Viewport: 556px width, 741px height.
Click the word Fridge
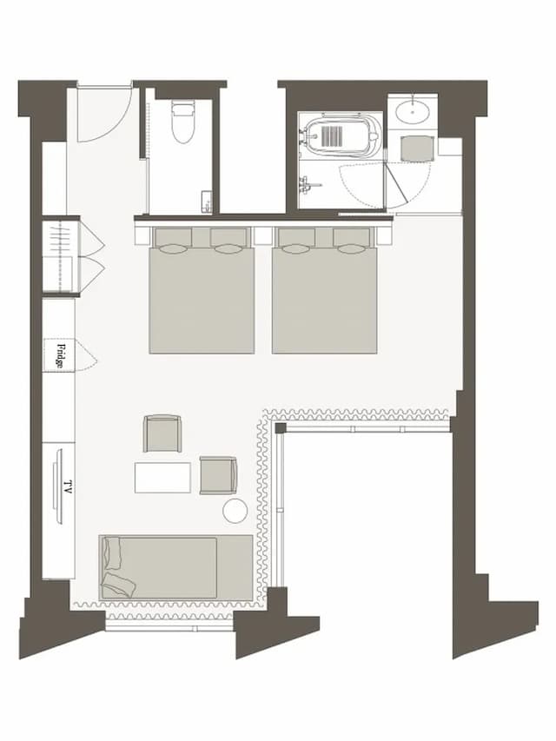click(x=60, y=356)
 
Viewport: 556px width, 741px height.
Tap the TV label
click(x=68, y=486)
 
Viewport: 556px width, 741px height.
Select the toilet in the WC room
click(x=182, y=122)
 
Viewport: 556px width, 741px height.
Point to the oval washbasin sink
click(x=413, y=112)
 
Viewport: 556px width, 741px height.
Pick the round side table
click(x=235, y=511)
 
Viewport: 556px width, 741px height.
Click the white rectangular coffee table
click(x=162, y=477)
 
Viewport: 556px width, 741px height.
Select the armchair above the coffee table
click(x=162, y=433)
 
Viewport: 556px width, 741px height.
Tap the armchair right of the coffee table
click(x=218, y=475)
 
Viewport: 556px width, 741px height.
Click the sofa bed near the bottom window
click(x=175, y=567)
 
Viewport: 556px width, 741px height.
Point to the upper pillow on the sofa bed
click(x=114, y=552)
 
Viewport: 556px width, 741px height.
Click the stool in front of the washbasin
click(x=416, y=149)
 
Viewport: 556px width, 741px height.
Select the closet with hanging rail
click(x=62, y=255)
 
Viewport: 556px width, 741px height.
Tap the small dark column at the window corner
click(x=281, y=428)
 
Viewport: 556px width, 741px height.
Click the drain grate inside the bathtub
click(x=331, y=135)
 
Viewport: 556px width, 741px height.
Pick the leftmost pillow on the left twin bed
click(x=173, y=240)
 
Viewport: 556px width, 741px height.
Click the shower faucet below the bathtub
click(x=308, y=183)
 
